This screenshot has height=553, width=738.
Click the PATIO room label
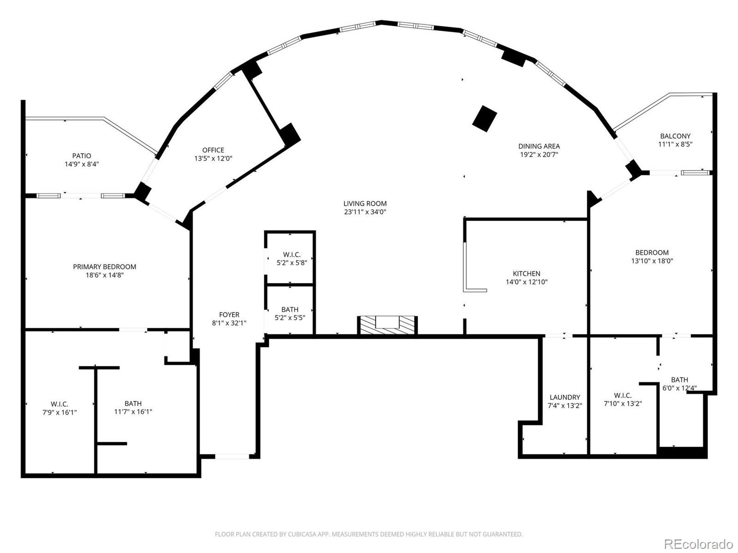pyautogui.click(x=82, y=156)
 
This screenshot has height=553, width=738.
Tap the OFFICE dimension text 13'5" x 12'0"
pyautogui.click(x=213, y=159)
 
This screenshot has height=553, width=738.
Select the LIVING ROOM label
pyautogui.click(x=365, y=203)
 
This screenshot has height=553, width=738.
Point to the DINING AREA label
pyautogui.click(x=539, y=146)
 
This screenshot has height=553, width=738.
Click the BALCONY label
pyautogui.click(x=675, y=136)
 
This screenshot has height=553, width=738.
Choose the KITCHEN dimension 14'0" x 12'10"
pyautogui.click(x=526, y=282)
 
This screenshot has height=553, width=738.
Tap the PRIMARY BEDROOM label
pyautogui.click(x=105, y=266)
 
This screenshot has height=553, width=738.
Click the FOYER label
pyautogui.click(x=229, y=315)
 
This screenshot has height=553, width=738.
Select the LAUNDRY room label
pyautogui.click(x=565, y=397)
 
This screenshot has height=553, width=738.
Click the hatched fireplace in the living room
pyautogui.click(x=387, y=325)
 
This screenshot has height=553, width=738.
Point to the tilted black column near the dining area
pyautogui.click(x=485, y=118)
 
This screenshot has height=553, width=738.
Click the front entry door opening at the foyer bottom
pyautogui.click(x=232, y=456)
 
